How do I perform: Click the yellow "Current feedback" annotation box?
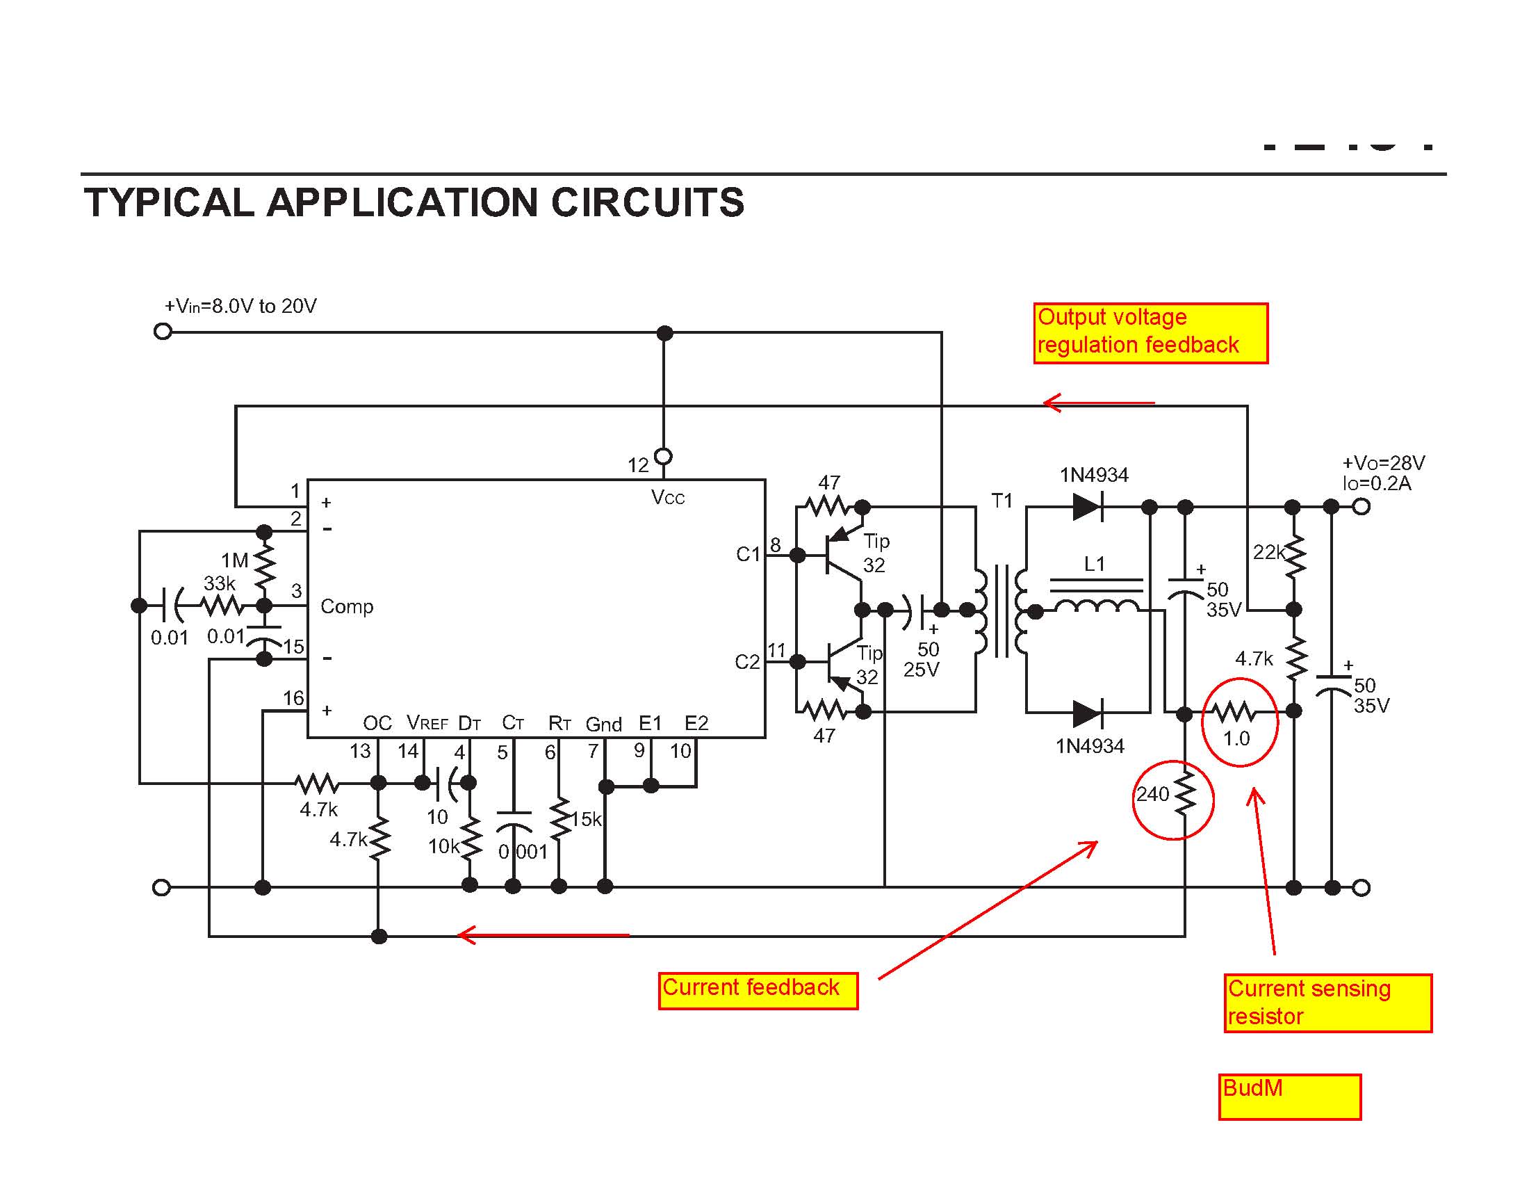(758, 990)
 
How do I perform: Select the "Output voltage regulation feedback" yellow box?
(1150, 332)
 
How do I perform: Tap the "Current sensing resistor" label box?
(1327, 1003)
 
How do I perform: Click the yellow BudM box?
(1289, 1096)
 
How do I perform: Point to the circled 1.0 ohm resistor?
(1236, 713)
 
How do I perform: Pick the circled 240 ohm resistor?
(1184, 794)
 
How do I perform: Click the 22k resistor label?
(1268, 553)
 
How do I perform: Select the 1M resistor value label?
(234, 560)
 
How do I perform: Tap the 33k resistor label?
(219, 583)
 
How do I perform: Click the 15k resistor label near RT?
(586, 819)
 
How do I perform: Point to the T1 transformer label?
(1001, 501)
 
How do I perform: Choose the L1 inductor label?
(1093, 564)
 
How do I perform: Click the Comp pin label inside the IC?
(347, 606)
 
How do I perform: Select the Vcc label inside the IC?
(667, 498)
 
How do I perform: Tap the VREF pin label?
(427, 723)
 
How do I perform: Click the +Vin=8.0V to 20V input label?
(241, 306)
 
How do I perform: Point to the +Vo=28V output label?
(1382, 463)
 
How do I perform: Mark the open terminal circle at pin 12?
(664, 457)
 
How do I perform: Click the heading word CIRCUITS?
(648, 203)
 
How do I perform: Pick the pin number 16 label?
(293, 698)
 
